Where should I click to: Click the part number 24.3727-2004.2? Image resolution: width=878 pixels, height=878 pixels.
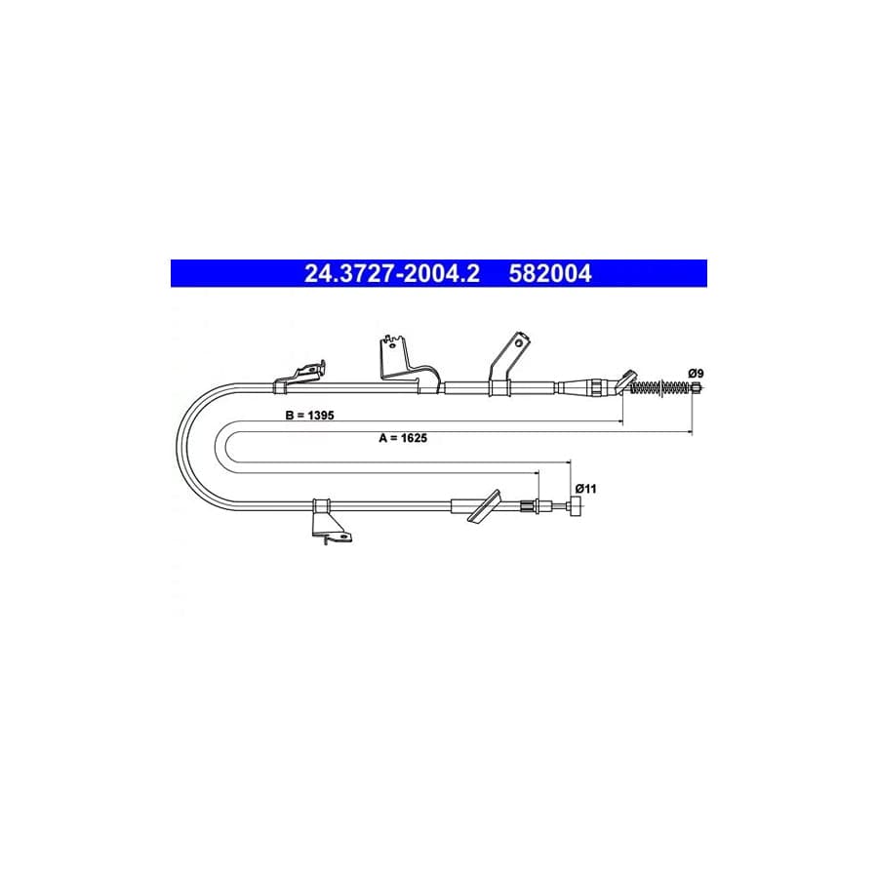click(392, 274)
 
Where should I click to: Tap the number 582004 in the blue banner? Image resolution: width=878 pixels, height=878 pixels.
click(550, 274)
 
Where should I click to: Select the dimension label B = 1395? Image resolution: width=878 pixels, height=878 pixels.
click(309, 415)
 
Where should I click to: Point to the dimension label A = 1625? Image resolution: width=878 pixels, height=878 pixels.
click(403, 438)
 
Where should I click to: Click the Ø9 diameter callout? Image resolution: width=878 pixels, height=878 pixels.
click(696, 373)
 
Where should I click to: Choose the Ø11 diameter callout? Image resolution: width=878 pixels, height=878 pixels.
click(585, 489)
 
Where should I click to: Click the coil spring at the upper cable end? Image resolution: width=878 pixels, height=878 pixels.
click(660, 387)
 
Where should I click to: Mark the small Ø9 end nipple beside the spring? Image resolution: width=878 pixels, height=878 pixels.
click(696, 387)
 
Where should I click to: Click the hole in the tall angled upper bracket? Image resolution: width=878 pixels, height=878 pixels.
click(519, 342)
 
